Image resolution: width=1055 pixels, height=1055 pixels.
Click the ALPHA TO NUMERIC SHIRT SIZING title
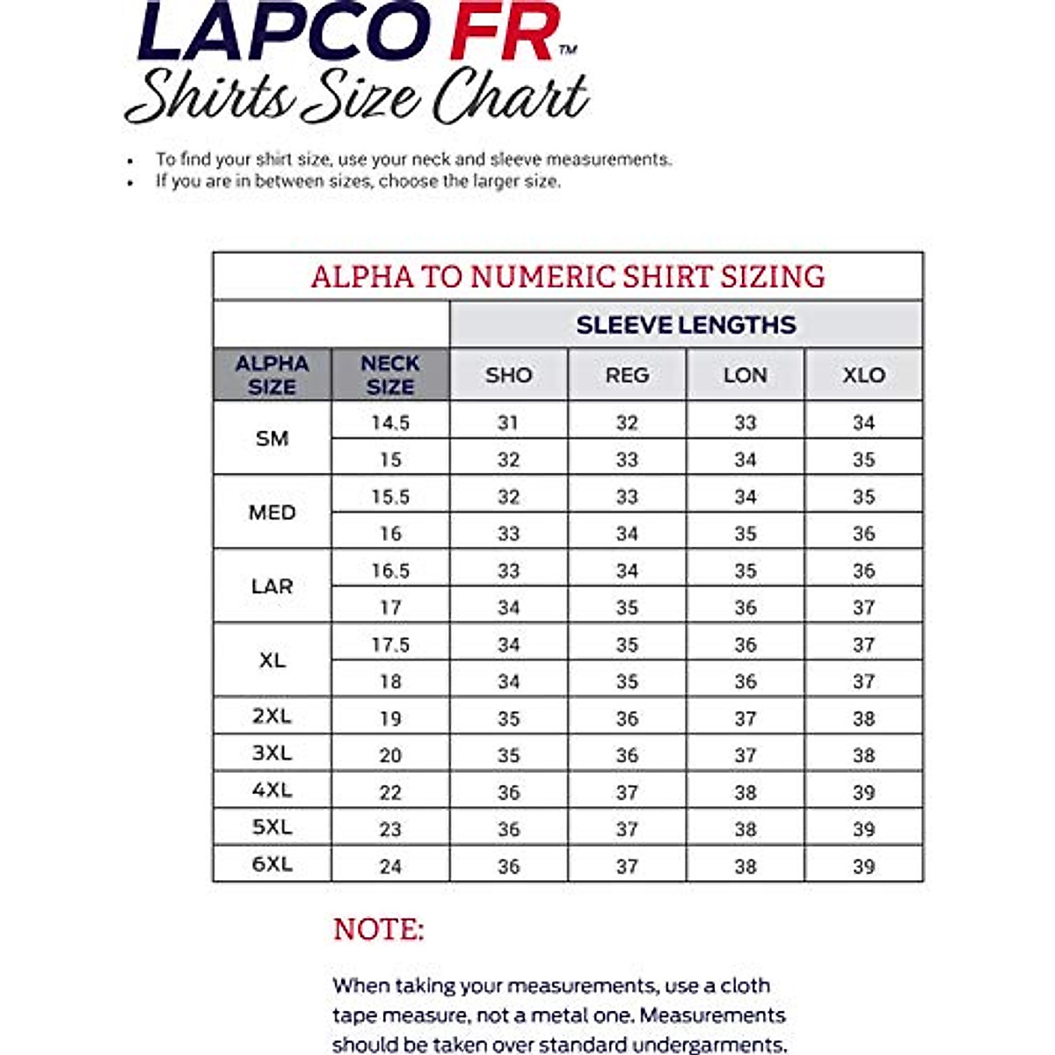click(x=568, y=277)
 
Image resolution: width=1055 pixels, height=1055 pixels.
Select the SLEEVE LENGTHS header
click(x=686, y=324)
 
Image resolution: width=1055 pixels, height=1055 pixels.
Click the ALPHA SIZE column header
click(x=272, y=375)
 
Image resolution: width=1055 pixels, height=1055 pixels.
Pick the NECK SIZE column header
click(x=390, y=375)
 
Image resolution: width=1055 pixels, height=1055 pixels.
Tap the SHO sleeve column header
click(x=508, y=375)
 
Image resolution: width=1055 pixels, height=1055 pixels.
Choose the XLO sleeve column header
click(x=863, y=375)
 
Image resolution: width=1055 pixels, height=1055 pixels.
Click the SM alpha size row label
click(x=272, y=439)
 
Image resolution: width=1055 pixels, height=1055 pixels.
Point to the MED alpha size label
click(x=272, y=513)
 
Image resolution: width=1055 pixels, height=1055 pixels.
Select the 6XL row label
click(x=272, y=864)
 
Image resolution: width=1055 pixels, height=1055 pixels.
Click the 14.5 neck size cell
click(x=390, y=423)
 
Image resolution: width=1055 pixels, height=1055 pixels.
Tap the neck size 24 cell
click(x=390, y=866)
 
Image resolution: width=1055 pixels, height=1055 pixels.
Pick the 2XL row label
click(x=272, y=717)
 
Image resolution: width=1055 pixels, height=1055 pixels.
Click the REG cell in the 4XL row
click(x=627, y=792)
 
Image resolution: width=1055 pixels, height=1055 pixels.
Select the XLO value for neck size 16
click(x=863, y=534)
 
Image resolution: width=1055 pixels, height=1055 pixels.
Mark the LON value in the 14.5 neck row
click(x=746, y=423)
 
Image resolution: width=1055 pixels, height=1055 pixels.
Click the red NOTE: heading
click(x=378, y=930)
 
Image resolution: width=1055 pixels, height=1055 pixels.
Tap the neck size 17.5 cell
click(x=390, y=644)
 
